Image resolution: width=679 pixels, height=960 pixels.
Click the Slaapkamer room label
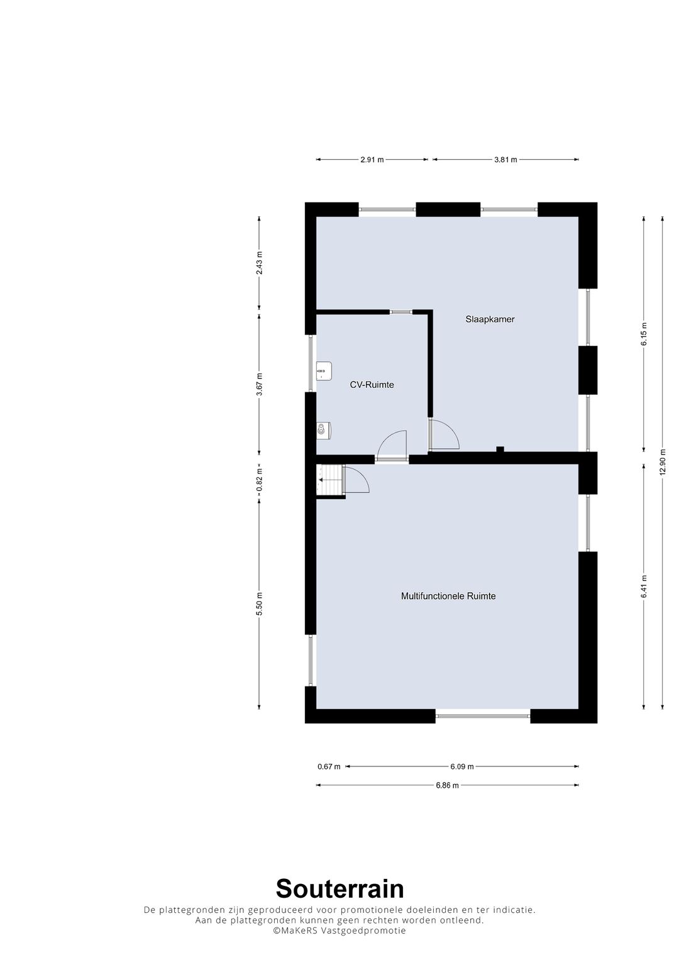point(490,319)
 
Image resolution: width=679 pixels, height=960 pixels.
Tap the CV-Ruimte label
point(372,385)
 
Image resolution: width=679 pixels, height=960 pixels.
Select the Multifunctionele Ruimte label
point(448,596)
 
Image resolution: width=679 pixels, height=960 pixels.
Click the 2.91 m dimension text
point(372,160)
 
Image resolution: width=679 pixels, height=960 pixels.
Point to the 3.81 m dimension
point(505,160)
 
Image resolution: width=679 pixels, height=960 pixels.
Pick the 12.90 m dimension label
point(663,462)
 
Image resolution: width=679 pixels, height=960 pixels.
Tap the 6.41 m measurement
point(644,587)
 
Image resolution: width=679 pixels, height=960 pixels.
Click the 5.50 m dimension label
point(259,604)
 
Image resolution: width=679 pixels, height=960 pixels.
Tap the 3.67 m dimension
point(259,384)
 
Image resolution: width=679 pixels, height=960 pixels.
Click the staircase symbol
point(330,480)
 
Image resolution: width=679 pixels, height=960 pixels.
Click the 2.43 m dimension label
point(259,263)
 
